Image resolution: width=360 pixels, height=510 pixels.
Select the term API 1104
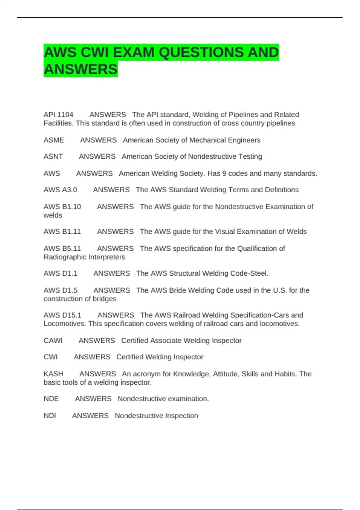tap(58, 115)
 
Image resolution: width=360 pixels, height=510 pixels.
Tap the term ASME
tap(54, 140)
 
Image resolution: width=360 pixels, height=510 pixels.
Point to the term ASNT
tap(53, 157)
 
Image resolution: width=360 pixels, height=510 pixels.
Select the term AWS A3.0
tap(60, 190)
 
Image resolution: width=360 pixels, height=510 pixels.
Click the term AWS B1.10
tap(62, 207)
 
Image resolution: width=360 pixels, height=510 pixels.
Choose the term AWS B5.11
tap(62, 248)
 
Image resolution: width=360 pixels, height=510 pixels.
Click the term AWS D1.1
tap(60, 273)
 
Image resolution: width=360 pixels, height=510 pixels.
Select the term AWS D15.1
tap(62, 315)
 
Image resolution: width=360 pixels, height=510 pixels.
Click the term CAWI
tap(53, 340)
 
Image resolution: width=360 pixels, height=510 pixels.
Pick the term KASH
tap(53, 374)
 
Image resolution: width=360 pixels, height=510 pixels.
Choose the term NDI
tap(50, 415)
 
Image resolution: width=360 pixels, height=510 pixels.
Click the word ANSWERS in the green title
tap(81, 69)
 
